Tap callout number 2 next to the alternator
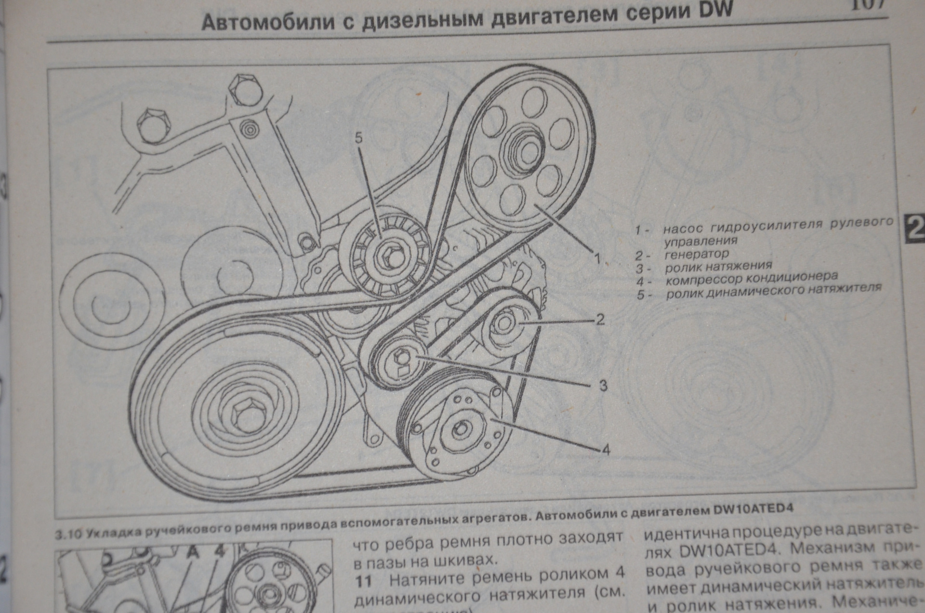600,319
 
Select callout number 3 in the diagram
603,385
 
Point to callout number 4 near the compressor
606,450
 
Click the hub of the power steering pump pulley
522,148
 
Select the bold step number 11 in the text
364,581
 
